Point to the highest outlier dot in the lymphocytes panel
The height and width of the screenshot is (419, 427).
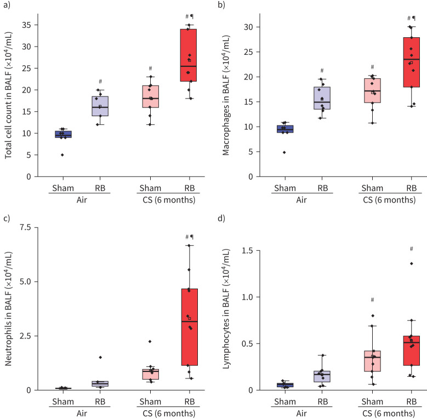tap(411, 263)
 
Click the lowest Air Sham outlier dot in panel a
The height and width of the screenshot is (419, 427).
tap(62, 154)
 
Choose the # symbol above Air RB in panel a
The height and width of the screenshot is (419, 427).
tap(100, 82)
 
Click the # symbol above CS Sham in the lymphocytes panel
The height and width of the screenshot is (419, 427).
tap(372, 300)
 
